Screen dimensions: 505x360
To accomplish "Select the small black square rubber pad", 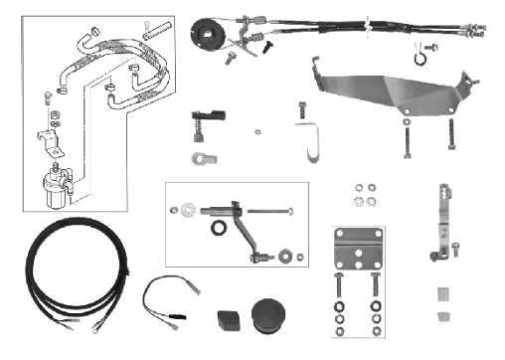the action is click(x=226, y=320).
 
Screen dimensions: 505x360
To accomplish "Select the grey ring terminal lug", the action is click(x=206, y=157).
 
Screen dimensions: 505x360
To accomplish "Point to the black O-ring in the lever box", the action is click(x=217, y=230).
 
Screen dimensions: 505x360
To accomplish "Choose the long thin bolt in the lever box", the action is click(x=267, y=211).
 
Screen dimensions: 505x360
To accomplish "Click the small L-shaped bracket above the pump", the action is click(x=47, y=136).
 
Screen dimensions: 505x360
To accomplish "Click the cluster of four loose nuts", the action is click(x=365, y=194).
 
